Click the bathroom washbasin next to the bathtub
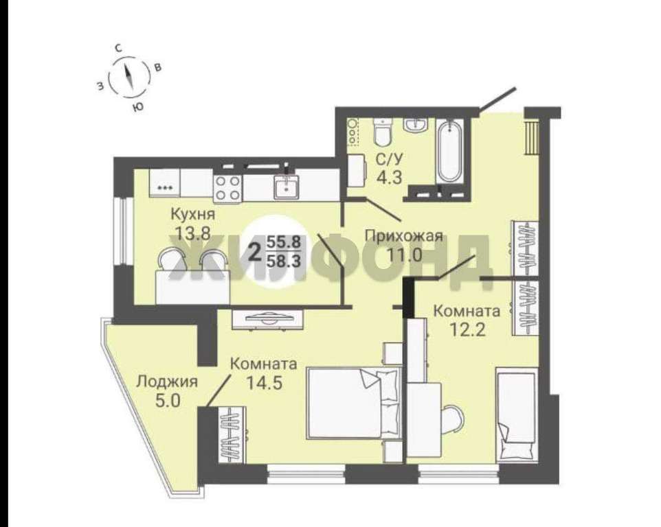416,125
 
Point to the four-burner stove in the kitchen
227,188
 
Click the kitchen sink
287,187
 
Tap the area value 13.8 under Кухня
193,233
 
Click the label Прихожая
404,235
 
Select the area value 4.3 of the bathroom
389,178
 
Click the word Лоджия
168,382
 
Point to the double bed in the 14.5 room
354,403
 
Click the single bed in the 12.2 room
517,416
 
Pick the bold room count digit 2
255,253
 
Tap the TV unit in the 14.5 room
268,319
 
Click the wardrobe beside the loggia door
232,435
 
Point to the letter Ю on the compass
137,108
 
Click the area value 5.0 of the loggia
168,401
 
